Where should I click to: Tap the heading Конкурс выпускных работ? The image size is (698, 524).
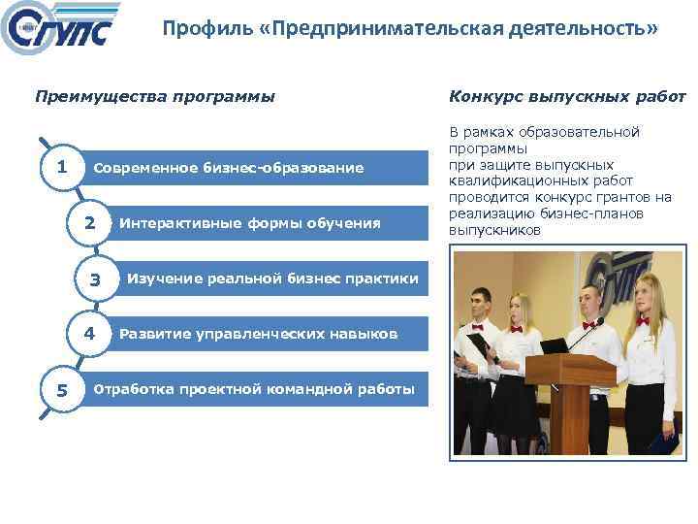(567, 96)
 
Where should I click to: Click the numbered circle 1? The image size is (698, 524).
(61, 167)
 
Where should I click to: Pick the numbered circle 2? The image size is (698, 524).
(89, 223)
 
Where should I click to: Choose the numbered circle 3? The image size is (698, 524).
(95, 279)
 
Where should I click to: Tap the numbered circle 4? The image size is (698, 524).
(89, 334)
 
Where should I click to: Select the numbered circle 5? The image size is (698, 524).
(61, 390)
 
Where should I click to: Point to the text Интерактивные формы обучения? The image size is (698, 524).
(250, 223)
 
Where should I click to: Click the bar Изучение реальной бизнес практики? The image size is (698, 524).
(273, 279)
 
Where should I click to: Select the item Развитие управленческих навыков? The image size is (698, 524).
(258, 334)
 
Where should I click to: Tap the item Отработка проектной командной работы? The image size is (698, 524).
(253, 390)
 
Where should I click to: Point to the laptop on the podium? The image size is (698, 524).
(555, 345)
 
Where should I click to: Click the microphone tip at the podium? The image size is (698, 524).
(601, 320)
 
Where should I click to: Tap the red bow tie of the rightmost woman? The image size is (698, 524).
(642, 321)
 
